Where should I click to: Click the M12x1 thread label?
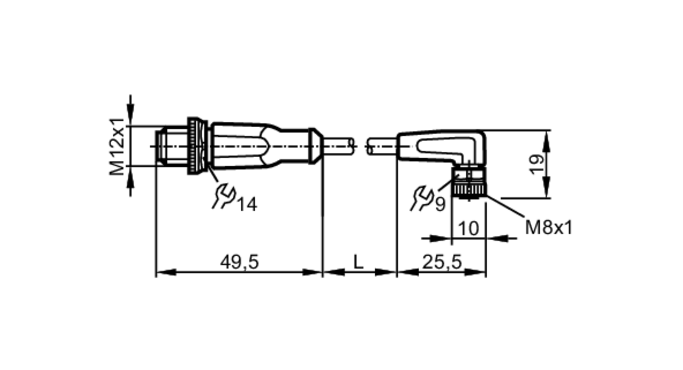tap(116, 146)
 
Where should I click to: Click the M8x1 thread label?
tap(548, 228)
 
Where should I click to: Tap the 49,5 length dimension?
tap(239, 262)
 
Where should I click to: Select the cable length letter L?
tap(358, 262)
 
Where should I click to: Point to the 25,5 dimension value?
tap(442, 262)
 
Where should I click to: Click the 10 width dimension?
tap(468, 228)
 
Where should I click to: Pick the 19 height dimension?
tap(536, 164)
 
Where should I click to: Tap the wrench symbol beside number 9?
tap(422, 198)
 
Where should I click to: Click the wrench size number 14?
tap(247, 205)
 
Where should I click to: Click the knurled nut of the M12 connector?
tap(194, 146)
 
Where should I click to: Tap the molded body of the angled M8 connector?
tap(444, 145)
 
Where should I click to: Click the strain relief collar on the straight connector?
tap(314, 146)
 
